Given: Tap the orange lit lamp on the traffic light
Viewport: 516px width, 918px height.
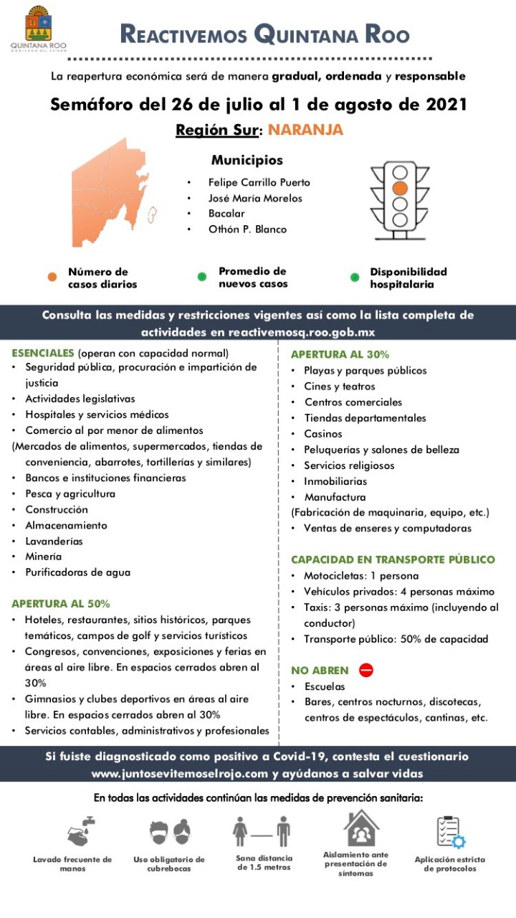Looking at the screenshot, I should (x=400, y=188).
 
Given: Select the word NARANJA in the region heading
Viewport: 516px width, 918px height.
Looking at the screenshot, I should (x=305, y=130).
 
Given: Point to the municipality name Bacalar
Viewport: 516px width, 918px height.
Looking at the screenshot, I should (x=226, y=214).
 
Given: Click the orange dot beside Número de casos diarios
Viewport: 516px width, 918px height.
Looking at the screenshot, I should (x=52, y=278).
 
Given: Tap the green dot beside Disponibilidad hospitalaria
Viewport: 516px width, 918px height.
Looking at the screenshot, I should (x=354, y=277).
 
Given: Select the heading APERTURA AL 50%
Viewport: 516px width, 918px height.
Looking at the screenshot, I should (x=61, y=603).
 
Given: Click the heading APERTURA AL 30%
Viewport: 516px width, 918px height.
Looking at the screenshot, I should (x=340, y=354).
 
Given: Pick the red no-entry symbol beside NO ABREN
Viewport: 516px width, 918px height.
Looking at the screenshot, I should (x=366, y=670).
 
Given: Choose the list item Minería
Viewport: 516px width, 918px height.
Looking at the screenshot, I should (x=44, y=557).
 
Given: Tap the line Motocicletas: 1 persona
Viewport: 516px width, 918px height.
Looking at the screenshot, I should (x=361, y=576).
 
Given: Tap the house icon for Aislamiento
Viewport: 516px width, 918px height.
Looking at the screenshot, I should (x=361, y=828).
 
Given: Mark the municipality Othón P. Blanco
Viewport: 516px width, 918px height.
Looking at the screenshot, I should (x=247, y=229).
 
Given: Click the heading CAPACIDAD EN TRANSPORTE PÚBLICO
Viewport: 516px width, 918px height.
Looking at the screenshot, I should (x=393, y=559).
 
